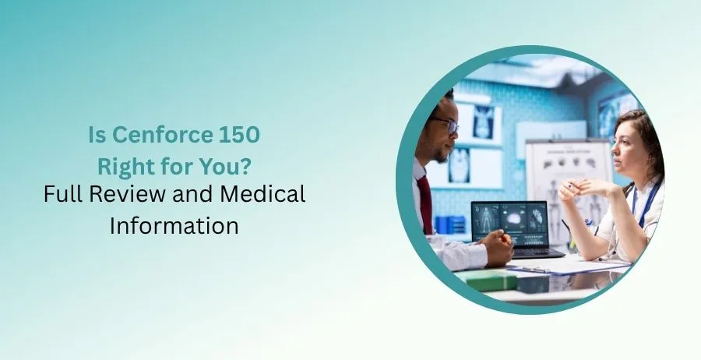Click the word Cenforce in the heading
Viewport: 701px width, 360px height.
(x=160, y=135)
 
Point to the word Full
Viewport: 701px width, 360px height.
(x=62, y=195)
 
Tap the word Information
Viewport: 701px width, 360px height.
(x=174, y=225)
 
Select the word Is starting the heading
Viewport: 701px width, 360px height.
(x=95, y=135)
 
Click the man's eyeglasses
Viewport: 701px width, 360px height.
(x=446, y=123)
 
